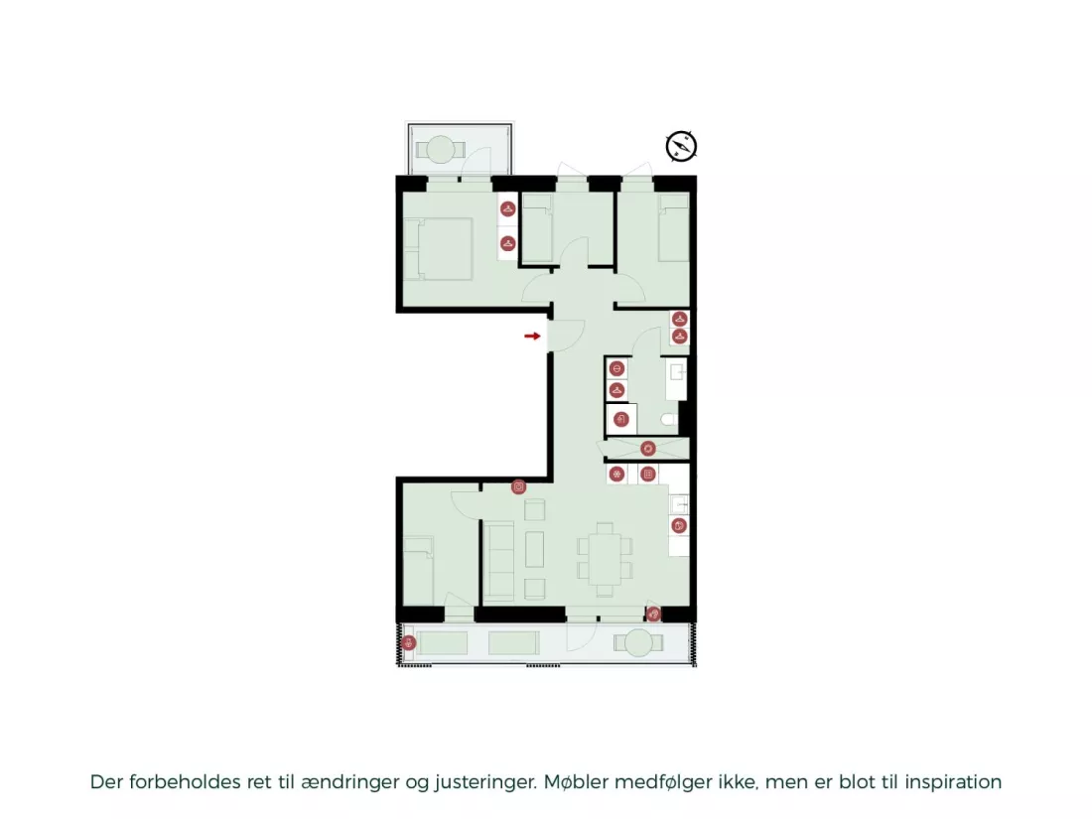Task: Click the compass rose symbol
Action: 681,146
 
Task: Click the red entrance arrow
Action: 533,337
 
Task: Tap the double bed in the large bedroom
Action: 439,248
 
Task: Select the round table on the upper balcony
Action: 440,150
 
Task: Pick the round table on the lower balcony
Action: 638,643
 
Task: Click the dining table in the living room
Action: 605,559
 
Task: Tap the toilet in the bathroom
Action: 668,419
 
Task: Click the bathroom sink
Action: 675,378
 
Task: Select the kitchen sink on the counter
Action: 679,503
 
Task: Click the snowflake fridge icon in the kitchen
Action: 617,475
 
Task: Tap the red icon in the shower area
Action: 647,449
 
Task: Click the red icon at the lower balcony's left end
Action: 409,643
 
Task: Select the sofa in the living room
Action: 498,561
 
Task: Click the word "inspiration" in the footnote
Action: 953,782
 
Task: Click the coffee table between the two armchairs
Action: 535,549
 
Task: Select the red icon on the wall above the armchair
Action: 519,487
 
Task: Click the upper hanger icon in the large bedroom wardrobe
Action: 507,208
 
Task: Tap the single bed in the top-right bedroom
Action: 673,227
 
